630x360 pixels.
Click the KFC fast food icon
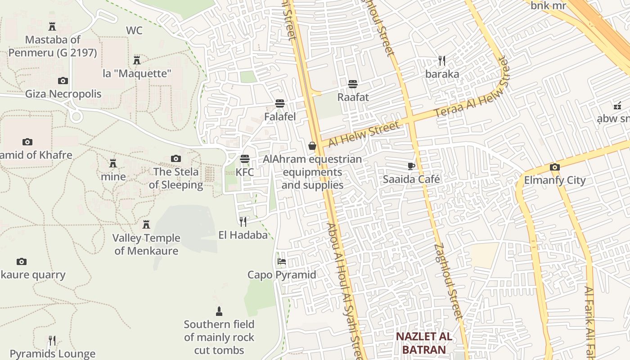pos(245,159)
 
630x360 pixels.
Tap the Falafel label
pos(280,117)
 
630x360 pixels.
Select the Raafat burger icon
pos(353,84)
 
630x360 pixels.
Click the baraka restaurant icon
pos(442,61)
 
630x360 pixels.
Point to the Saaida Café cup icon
pos(411,166)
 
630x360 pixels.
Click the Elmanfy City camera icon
pos(554,167)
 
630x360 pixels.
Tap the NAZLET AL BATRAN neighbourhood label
pos(424,343)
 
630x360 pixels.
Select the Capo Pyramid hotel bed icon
pos(282,261)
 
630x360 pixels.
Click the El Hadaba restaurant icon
pos(243,221)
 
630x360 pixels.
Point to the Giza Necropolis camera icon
pos(63,81)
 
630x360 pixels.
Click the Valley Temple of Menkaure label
pos(146,244)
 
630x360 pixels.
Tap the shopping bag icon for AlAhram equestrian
pos(312,146)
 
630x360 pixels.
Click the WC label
pos(134,31)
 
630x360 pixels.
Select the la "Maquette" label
pos(137,73)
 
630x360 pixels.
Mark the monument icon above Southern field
pos(219,311)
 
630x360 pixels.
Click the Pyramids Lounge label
pos(53,354)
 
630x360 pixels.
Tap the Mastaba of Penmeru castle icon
pos(52,27)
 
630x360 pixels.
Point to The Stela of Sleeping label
pos(176,178)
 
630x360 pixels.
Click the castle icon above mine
pos(113,163)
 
